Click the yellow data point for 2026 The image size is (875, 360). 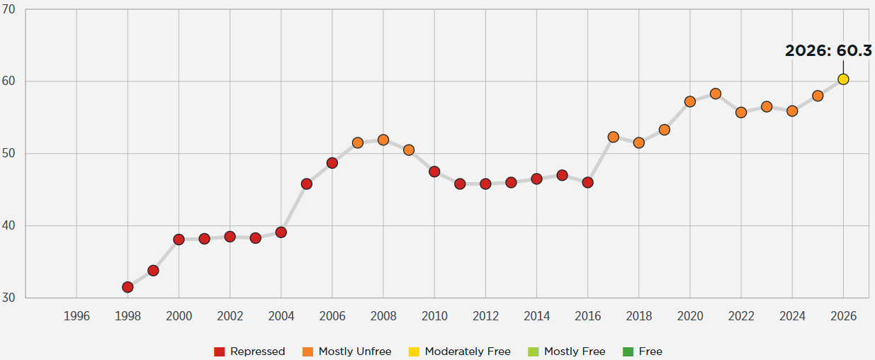[x=843, y=79]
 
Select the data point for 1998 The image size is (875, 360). [x=128, y=287]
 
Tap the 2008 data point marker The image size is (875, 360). [x=383, y=140]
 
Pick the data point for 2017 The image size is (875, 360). [x=613, y=137]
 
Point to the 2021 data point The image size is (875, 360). [x=716, y=94]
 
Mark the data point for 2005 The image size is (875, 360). [x=307, y=184]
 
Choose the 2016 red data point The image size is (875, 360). [x=587, y=182]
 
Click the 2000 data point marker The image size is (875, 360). [x=179, y=240]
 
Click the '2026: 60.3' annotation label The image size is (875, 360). [x=828, y=51]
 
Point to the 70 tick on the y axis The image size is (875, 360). [x=9, y=9]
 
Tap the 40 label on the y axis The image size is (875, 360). [x=9, y=226]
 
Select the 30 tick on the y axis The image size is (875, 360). [x=9, y=298]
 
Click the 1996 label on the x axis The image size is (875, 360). [x=77, y=316]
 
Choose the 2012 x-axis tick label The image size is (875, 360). [x=485, y=316]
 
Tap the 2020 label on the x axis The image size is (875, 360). [x=689, y=316]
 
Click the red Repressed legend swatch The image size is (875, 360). [x=219, y=351]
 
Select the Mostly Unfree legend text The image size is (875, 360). [x=354, y=351]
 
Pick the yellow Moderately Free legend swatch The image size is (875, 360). [x=414, y=351]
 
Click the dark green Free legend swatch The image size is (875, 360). [x=628, y=351]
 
